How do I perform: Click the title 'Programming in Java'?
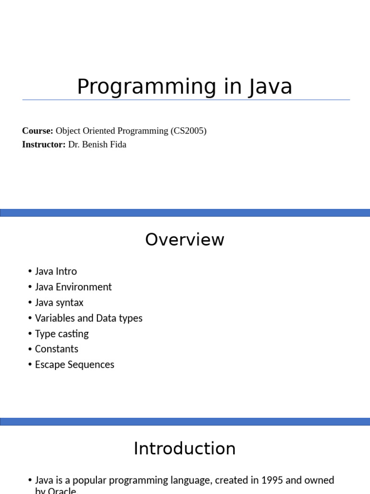[x=185, y=87]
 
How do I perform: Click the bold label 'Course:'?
[x=38, y=131]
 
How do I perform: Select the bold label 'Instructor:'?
[x=44, y=144]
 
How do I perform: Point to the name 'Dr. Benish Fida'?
[x=97, y=144]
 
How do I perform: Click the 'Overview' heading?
[x=185, y=240]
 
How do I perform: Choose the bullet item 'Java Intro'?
[x=56, y=272]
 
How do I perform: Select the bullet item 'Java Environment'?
[x=73, y=287]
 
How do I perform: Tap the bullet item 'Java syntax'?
[x=59, y=302]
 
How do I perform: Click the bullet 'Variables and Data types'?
[x=89, y=318]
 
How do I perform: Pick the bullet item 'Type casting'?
[x=62, y=333]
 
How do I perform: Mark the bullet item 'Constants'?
[x=56, y=349]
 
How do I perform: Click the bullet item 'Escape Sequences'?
[x=75, y=364]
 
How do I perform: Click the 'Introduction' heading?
[x=185, y=449]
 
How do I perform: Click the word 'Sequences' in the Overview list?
[x=94, y=364]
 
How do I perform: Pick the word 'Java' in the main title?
[x=271, y=87]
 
